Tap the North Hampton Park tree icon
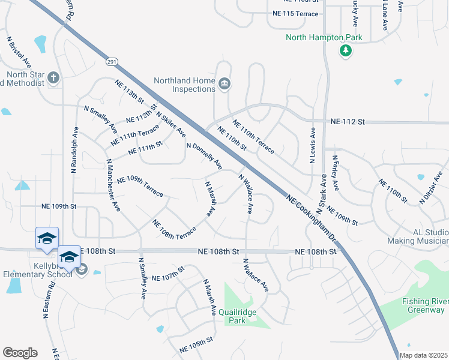(345, 51)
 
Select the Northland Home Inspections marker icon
(224, 83)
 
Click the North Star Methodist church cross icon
(54, 77)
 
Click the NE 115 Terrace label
(295, 13)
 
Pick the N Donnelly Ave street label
(204, 155)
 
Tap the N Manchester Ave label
(112, 185)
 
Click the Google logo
(20, 353)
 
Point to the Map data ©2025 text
(424, 355)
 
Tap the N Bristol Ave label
(19, 50)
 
